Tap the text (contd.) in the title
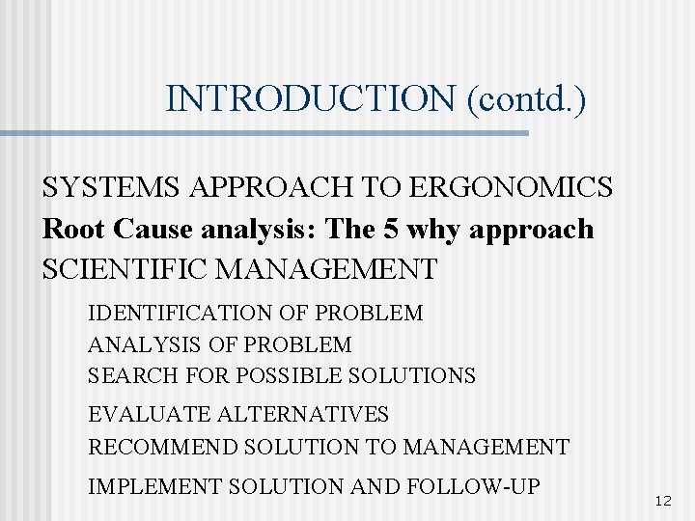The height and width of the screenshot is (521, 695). click(x=526, y=98)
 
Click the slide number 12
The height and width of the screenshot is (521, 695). click(x=662, y=501)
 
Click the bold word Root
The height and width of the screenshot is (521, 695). click(x=74, y=229)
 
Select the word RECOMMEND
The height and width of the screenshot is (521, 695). click(x=163, y=448)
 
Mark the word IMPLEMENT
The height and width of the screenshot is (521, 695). click(x=150, y=487)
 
